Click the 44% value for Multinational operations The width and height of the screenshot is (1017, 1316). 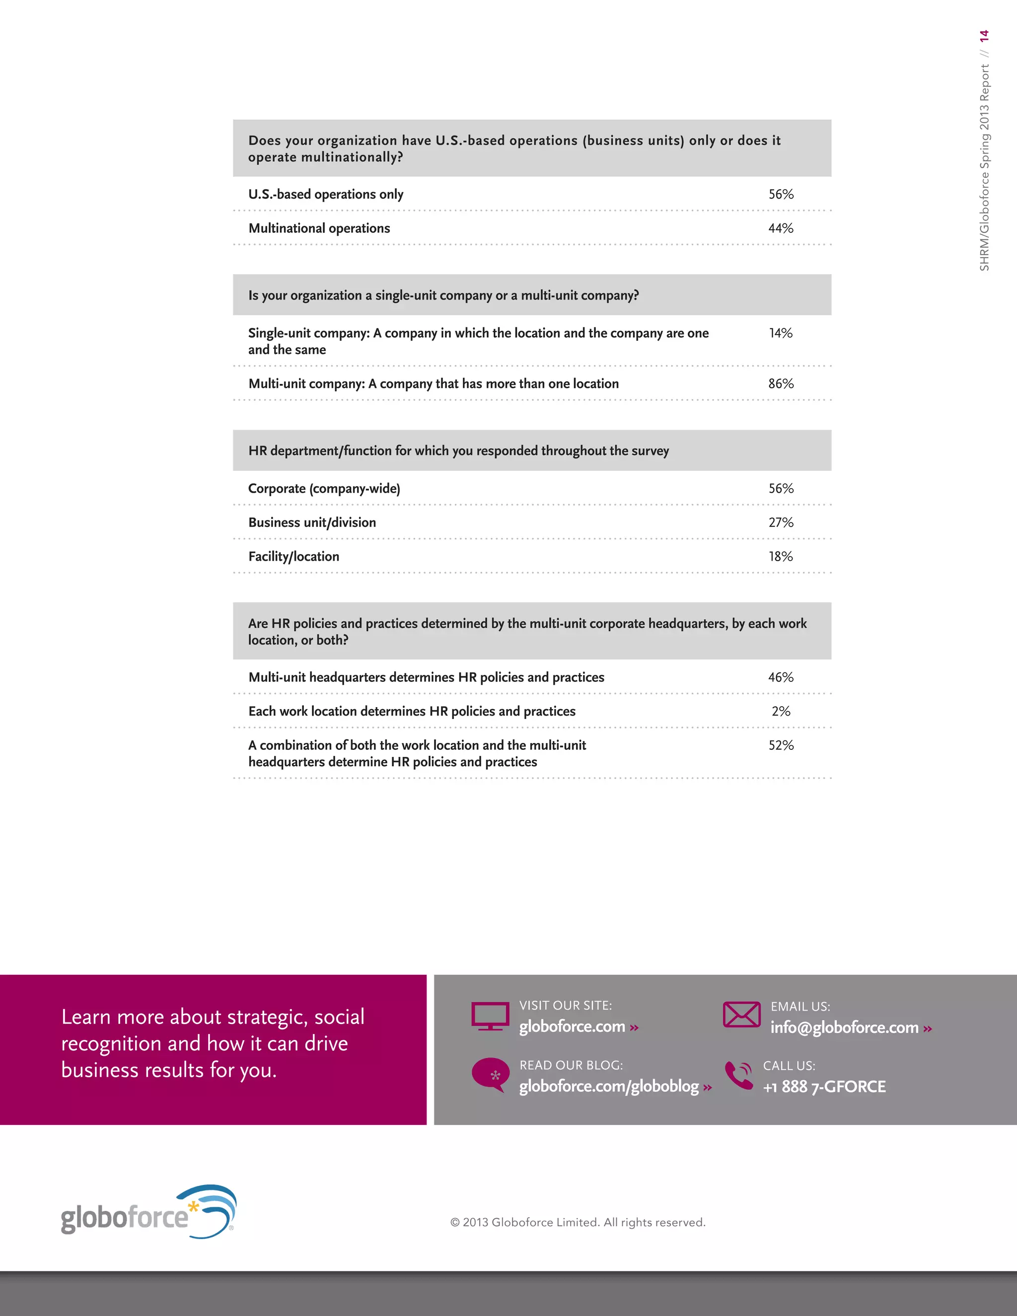tap(781, 228)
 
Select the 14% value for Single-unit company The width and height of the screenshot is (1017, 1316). tap(781, 333)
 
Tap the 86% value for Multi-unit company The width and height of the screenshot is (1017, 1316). tap(781, 384)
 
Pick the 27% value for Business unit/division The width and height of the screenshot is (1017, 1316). tap(781, 522)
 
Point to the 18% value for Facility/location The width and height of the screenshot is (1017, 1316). tap(781, 557)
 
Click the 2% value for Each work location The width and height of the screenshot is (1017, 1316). tap(781, 712)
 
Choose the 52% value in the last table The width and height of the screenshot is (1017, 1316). tap(781, 745)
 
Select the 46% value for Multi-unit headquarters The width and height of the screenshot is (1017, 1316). tap(781, 677)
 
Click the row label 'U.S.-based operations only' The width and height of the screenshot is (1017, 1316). tap(326, 195)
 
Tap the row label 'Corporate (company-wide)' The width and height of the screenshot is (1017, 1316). tap(324, 489)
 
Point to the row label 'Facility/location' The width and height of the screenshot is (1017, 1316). tap(294, 557)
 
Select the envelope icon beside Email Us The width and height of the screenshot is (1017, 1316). tap(742, 1015)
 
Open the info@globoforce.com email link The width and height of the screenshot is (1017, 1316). tap(845, 1028)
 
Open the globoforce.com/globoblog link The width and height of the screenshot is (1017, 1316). tap(609, 1087)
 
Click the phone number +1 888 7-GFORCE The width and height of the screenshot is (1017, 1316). tap(824, 1087)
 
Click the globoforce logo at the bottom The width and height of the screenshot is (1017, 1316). tap(148, 1212)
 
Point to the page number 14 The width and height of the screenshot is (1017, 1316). tap(984, 36)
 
